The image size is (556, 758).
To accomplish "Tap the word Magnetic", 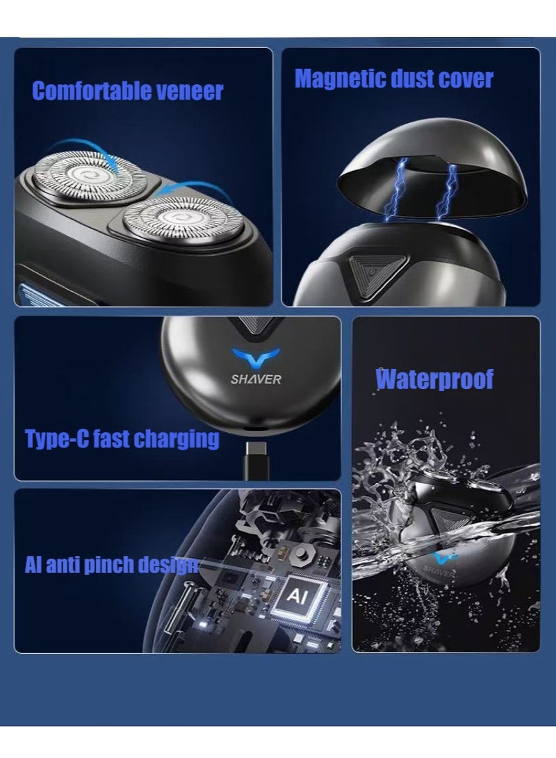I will point(338,79).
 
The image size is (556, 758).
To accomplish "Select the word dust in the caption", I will point(413,79).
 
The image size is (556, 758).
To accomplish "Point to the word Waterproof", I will point(434,379).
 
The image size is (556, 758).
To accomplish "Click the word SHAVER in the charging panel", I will point(256,379).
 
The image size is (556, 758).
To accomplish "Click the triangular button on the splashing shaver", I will point(440,518).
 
